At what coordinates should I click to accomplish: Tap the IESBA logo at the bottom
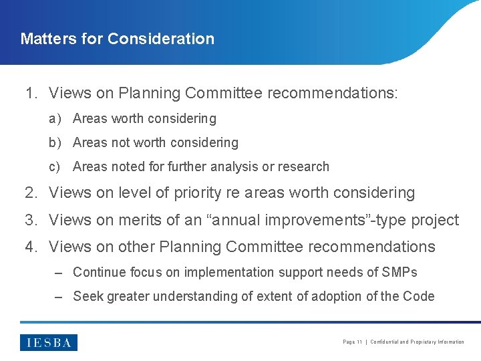point(49,342)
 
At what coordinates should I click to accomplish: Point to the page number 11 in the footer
point(359,342)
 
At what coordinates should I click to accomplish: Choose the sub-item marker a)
point(55,119)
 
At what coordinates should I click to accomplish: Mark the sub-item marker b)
point(55,143)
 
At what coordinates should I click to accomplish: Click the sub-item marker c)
point(55,167)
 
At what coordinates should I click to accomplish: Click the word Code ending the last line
point(419,296)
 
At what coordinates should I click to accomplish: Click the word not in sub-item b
point(121,143)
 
